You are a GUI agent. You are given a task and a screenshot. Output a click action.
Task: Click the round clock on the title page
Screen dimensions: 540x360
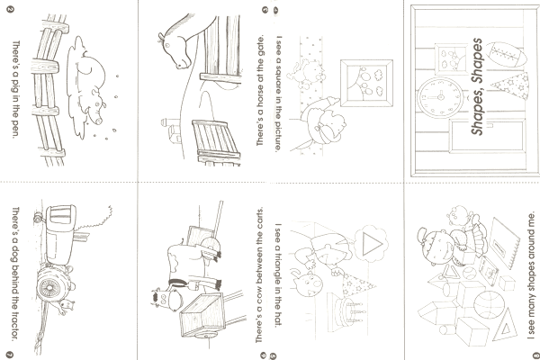pyautogui.click(x=440, y=98)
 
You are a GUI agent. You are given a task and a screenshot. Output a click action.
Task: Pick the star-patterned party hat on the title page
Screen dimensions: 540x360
pyautogui.click(x=509, y=85)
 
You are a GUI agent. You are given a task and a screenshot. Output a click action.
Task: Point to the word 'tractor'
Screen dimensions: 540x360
pyautogui.click(x=15, y=325)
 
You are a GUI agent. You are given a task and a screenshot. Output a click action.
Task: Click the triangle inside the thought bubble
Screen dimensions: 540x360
pyautogui.click(x=371, y=244)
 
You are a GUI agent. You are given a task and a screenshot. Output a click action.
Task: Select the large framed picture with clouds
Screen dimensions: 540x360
pyautogui.click(x=366, y=83)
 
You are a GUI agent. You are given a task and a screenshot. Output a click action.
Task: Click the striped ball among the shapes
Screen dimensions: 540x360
pyautogui.click(x=489, y=306)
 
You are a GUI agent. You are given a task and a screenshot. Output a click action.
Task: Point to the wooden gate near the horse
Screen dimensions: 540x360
pyautogui.click(x=216, y=141)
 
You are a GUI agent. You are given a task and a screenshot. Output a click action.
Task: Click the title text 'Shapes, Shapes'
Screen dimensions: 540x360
pyautogui.click(x=477, y=86)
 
